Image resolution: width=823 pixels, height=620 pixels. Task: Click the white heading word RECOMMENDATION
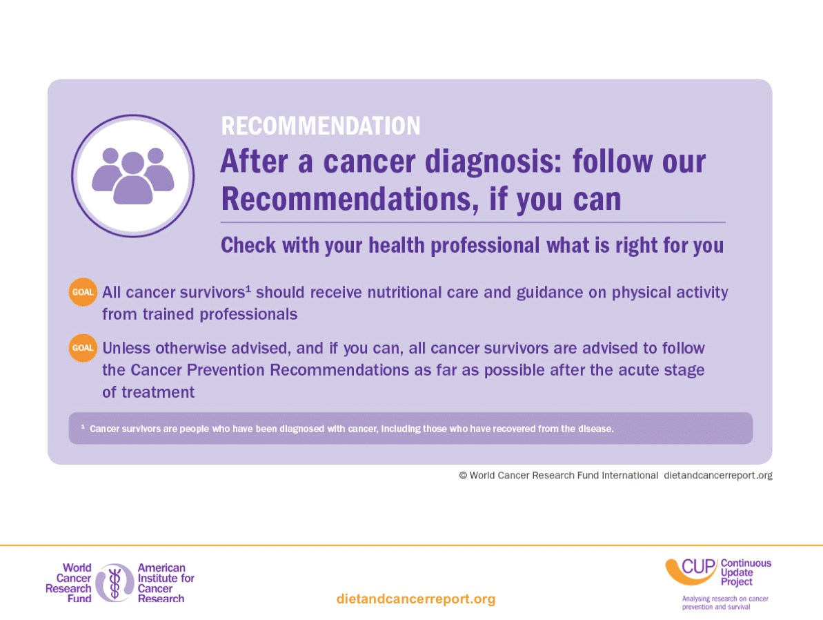point(321,126)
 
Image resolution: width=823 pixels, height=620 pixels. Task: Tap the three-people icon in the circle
point(132,176)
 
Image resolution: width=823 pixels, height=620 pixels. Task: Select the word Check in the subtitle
point(248,245)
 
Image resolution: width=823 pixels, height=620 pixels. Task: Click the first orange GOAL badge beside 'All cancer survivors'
point(83,291)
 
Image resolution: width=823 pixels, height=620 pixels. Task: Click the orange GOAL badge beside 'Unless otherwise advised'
point(83,348)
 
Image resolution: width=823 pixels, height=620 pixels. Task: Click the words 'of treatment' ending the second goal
point(148,392)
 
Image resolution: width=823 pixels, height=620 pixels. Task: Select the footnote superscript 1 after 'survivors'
point(248,289)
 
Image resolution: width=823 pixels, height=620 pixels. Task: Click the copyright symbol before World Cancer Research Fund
point(463,476)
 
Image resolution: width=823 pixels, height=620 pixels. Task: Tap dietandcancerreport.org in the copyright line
point(718,476)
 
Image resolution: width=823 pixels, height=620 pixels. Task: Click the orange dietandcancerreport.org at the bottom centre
point(416,599)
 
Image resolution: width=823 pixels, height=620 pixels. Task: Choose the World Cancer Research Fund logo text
point(69,583)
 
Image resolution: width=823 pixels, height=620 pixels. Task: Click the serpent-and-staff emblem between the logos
point(115,583)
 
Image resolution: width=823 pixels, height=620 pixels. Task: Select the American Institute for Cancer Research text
point(166,583)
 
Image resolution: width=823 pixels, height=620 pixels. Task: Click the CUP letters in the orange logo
point(699,567)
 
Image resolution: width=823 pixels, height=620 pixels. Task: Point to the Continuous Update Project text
point(746,572)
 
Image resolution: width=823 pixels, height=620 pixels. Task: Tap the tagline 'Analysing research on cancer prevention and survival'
point(725,603)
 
